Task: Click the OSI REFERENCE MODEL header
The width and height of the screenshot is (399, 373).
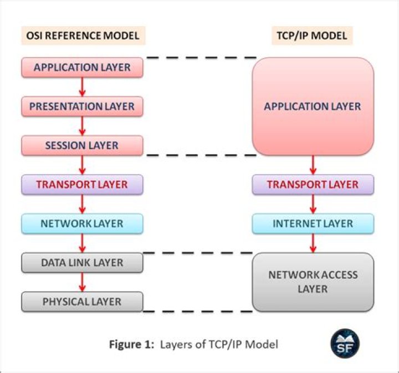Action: pos(83,36)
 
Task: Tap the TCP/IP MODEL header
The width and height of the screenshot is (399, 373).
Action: pos(313,36)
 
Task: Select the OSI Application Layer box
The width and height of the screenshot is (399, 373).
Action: pos(82,68)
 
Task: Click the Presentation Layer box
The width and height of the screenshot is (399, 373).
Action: pos(82,106)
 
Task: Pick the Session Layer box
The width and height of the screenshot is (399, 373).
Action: pos(82,146)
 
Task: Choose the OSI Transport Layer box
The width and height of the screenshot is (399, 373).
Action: pos(82,185)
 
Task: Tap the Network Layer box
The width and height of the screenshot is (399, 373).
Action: pos(82,224)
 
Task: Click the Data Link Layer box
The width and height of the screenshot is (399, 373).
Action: pos(82,263)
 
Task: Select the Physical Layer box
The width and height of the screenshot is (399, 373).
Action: pos(82,302)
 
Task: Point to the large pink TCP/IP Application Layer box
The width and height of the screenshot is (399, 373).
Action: pos(313,106)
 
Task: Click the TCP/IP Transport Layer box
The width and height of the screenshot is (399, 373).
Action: pos(313,185)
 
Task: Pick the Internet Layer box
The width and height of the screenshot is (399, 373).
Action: pos(313,224)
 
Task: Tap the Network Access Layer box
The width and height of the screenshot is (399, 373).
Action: pos(313,282)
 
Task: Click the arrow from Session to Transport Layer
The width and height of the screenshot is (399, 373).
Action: pos(83,165)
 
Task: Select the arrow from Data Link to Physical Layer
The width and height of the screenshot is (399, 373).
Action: pos(83,283)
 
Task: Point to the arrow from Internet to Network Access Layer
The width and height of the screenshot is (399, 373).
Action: pos(313,243)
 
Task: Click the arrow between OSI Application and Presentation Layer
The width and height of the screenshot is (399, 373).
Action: pos(83,87)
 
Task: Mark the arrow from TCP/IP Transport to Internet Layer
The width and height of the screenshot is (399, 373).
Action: pos(313,204)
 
